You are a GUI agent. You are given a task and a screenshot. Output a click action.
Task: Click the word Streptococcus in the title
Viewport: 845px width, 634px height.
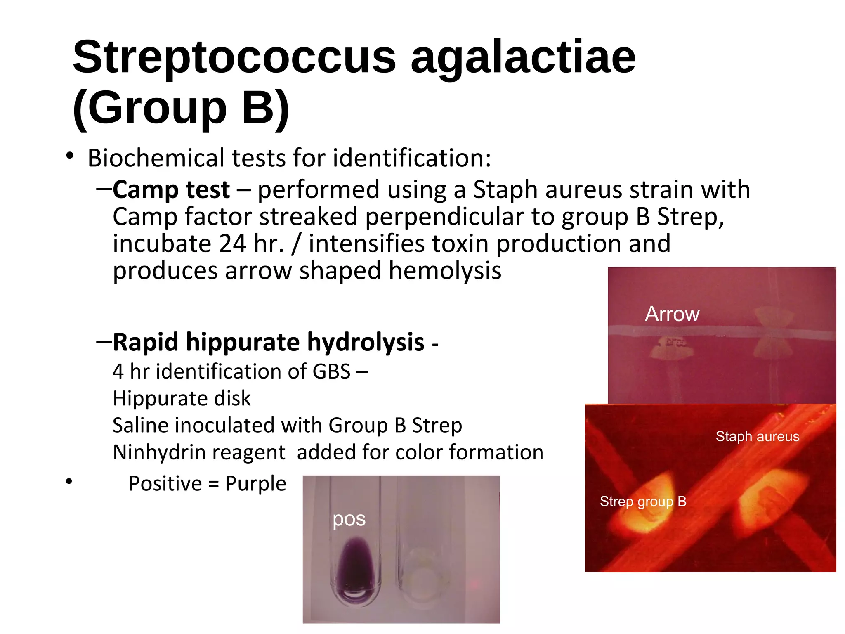click(x=234, y=58)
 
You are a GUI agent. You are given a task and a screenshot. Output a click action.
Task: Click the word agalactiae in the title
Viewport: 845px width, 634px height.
click(x=523, y=58)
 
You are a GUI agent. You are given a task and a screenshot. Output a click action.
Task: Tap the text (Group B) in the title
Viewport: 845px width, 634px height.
click(x=181, y=108)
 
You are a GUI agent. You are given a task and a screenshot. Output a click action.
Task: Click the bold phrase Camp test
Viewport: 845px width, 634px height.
click(x=171, y=190)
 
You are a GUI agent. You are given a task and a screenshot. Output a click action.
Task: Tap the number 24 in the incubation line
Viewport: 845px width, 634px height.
click(x=232, y=244)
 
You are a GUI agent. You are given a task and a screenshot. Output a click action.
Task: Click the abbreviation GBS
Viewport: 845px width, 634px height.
click(x=331, y=371)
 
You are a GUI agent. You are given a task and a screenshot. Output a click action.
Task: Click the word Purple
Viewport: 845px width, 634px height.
click(x=255, y=483)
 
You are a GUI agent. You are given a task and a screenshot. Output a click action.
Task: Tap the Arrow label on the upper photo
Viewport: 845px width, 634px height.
click(x=672, y=314)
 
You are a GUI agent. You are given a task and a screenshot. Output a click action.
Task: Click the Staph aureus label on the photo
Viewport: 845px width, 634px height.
click(x=757, y=436)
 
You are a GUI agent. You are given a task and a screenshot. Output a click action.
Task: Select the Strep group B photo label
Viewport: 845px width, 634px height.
click(x=643, y=502)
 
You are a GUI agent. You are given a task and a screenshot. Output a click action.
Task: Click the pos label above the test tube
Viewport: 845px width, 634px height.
click(x=349, y=519)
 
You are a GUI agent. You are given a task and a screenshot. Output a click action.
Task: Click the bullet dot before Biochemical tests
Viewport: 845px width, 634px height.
click(x=69, y=156)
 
